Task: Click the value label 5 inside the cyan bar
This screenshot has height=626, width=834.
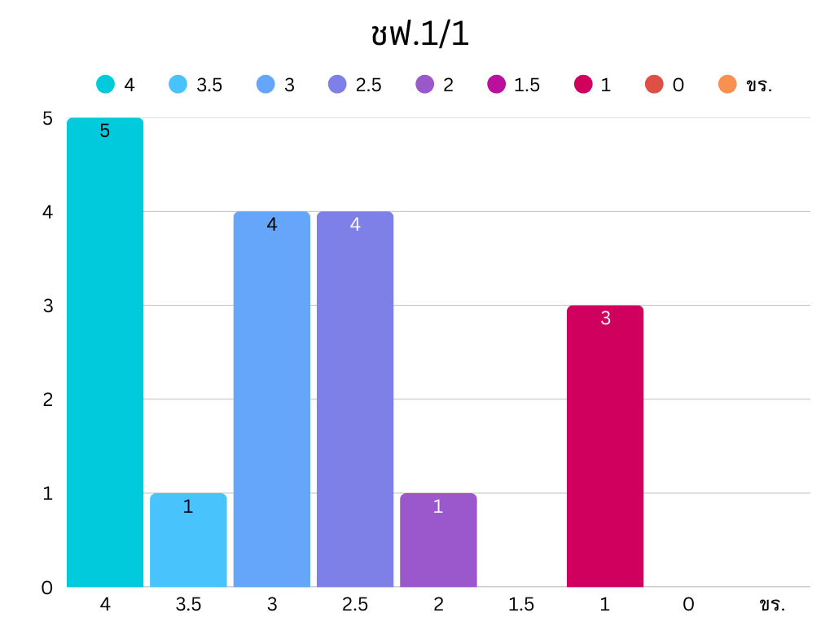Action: click(105, 130)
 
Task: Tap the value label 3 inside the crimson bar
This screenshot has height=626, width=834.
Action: click(605, 318)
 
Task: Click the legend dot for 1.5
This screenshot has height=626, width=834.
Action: click(497, 84)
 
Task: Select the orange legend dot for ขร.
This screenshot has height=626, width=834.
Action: click(727, 84)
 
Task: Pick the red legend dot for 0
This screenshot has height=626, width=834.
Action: click(654, 84)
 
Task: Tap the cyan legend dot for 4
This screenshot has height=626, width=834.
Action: click(105, 84)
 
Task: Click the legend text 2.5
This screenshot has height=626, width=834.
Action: click(368, 85)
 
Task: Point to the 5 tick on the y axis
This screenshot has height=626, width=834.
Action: click(47, 118)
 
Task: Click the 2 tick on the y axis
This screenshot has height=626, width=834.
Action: click(47, 399)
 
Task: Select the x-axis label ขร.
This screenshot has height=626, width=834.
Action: click(771, 605)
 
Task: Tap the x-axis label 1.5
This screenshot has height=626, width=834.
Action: click(521, 605)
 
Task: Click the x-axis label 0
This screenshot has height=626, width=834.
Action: click(688, 605)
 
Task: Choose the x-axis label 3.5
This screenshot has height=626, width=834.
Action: click(188, 605)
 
